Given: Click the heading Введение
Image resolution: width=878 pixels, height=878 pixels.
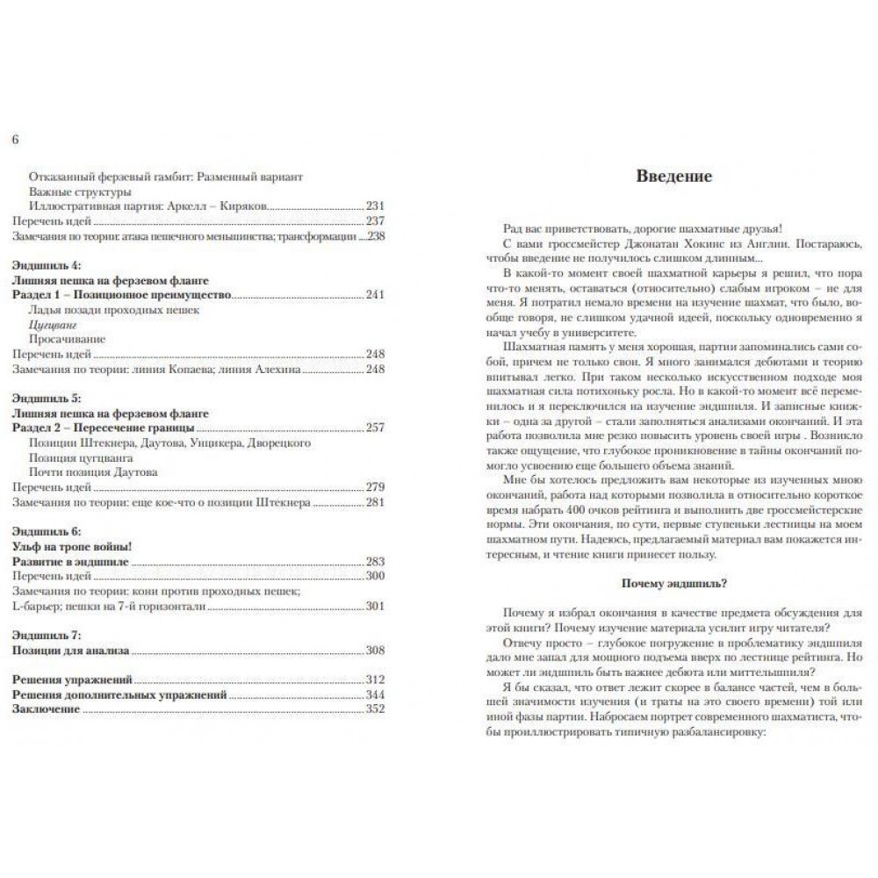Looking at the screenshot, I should click(674, 176).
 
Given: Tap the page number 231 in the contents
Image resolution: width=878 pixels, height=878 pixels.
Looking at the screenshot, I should click(375, 205).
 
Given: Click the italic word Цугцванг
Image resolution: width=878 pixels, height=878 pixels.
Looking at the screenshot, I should click(52, 323).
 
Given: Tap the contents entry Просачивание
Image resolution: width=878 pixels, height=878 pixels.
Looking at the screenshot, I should click(61, 338).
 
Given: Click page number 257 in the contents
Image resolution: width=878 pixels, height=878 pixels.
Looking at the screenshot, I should click(375, 428).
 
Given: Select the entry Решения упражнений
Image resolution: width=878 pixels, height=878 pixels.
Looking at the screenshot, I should click(73, 680).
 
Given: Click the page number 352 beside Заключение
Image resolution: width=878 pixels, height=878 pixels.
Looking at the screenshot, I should click(375, 709).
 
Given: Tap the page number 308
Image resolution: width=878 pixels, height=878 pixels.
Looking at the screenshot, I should click(375, 650).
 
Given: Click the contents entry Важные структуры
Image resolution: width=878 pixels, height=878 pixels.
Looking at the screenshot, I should click(80, 191).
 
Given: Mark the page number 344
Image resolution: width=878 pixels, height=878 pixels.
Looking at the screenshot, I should click(375, 694).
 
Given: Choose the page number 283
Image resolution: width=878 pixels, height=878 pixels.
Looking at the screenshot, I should click(375, 561).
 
